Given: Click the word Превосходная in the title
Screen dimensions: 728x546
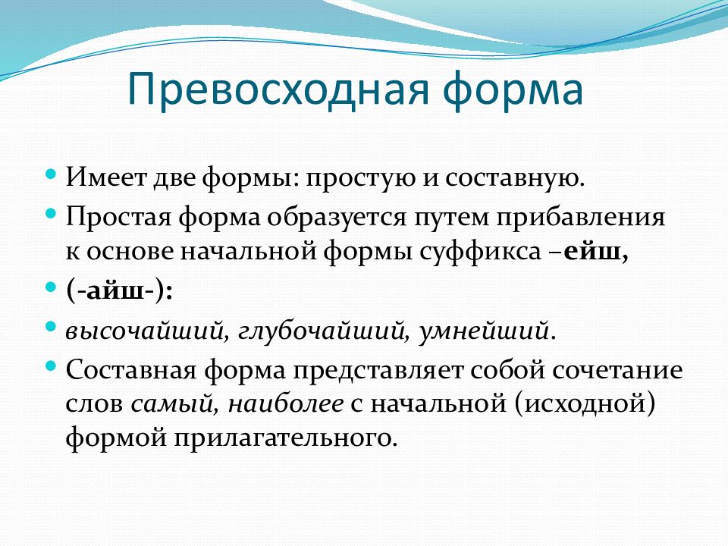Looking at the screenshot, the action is (x=278, y=89).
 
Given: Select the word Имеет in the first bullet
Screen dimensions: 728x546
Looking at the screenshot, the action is (x=106, y=177).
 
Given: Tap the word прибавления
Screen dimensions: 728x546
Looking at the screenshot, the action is (x=580, y=218).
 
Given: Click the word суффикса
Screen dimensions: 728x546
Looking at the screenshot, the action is (x=480, y=252).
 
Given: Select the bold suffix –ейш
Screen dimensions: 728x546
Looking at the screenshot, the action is (x=589, y=252).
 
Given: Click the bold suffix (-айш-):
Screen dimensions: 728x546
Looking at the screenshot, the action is (x=119, y=291).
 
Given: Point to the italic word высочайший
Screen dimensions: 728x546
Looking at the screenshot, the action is (x=147, y=331).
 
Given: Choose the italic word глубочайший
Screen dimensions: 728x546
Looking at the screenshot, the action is (x=324, y=331).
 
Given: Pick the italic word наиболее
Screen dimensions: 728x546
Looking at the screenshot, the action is (x=286, y=403).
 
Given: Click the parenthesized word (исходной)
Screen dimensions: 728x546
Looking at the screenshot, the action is (x=585, y=403).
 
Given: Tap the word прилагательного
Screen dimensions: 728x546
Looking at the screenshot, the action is (x=286, y=438).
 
